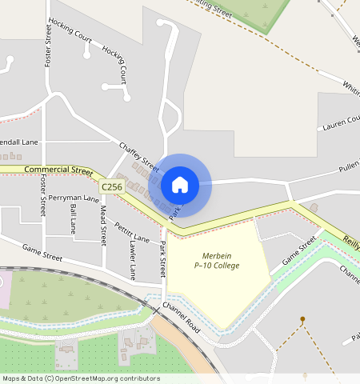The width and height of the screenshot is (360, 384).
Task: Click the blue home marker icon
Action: coord(180,185)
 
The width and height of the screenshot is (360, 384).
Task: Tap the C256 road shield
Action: coord(113,186)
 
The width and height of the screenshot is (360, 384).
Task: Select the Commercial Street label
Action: coord(58,170)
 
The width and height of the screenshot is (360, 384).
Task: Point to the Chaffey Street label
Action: coord(138,157)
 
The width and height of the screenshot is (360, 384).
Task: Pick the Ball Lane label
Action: coord(73,217)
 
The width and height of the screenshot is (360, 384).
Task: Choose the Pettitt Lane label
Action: coord(131,232)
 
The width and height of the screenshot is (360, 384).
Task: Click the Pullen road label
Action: coord(349,166)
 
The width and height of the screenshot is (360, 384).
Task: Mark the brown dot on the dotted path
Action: coord(302,319)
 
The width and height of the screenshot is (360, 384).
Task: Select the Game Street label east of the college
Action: coord(300,255)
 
